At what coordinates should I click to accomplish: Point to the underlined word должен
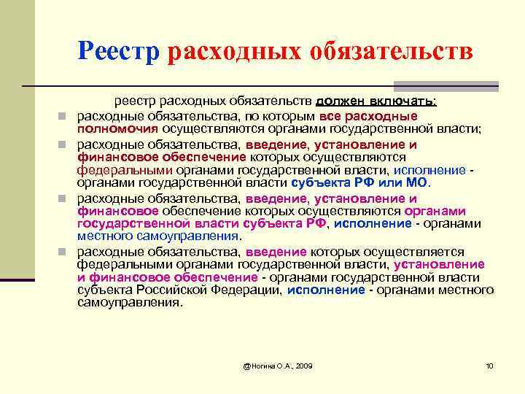(x=341, y=102)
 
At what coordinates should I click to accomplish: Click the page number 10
(x=489, y=365)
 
